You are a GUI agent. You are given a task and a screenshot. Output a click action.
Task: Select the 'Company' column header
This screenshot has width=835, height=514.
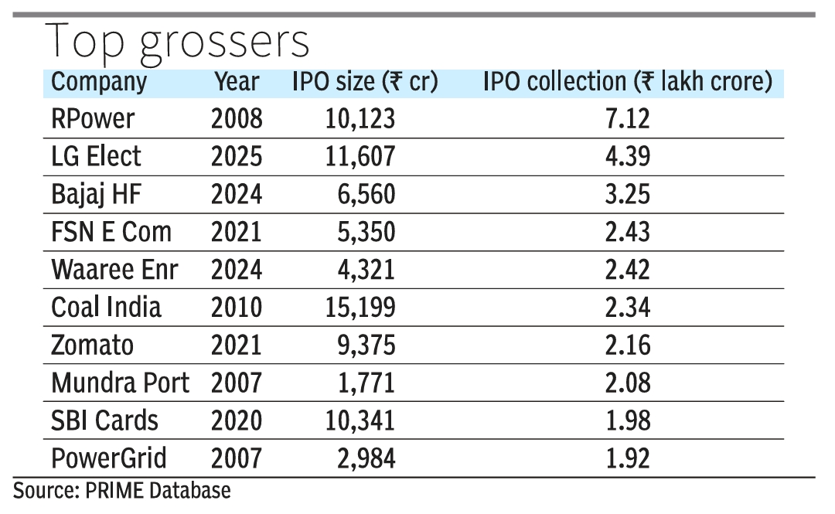[x=99, y=82]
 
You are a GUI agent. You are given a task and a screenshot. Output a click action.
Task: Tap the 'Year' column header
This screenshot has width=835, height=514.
[x=237, y=82]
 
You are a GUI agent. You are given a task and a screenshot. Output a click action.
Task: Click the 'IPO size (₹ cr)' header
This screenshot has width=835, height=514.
[x=365, y=82]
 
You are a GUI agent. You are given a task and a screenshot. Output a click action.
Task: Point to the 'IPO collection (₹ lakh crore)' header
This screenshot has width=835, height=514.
[x=628, y=82]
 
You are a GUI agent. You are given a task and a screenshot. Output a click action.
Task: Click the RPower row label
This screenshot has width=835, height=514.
[x=93, y=119]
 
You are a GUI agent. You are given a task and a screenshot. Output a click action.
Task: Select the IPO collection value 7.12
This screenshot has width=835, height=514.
[x=628, y=119]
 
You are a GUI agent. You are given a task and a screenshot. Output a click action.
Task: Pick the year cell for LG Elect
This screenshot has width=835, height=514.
[x=237, y=157]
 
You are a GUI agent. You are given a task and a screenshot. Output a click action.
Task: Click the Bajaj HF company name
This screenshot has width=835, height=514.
[x=97, y=195]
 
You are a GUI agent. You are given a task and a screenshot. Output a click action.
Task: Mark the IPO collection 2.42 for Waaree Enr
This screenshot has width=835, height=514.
[x=628, y=270]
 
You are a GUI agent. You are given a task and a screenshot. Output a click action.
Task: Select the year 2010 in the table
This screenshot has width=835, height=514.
[x=237, y=308]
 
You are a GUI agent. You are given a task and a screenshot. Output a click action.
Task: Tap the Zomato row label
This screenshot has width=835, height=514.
[x=93, y=345]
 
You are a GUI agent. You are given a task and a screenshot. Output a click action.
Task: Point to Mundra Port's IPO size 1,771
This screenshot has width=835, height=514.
[x=368, y=383]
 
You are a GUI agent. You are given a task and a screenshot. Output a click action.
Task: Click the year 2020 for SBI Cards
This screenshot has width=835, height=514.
[x=237, y=420]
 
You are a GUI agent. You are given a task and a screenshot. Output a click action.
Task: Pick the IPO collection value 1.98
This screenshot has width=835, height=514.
[x=628, y=420]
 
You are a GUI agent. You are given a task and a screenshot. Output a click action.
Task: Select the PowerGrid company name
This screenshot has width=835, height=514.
[x=109, y=458]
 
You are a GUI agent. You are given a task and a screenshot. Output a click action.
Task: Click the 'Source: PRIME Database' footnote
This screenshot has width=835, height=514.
[x=121, y=490]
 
